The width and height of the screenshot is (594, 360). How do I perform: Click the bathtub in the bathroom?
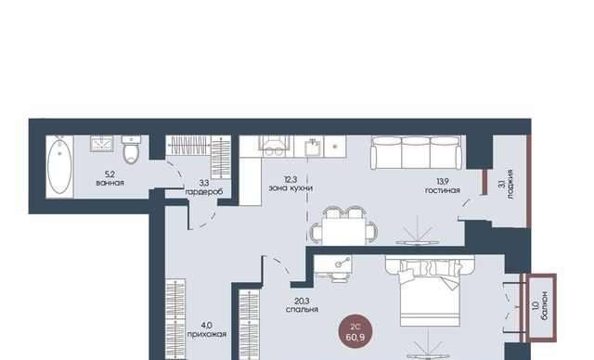59,167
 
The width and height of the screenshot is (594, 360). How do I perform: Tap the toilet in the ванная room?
131,150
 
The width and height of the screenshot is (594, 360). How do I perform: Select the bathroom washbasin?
101,144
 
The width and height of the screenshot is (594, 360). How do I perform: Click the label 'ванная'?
110,183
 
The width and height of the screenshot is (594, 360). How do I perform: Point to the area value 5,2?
110,174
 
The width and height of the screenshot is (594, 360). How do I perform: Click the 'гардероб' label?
204,192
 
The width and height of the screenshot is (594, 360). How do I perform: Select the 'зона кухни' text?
291,188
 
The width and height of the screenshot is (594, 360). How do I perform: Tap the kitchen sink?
312,148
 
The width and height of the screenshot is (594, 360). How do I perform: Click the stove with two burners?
275,146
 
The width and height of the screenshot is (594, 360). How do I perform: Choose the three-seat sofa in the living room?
417,152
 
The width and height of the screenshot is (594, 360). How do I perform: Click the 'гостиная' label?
443,190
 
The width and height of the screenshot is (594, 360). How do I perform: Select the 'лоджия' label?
510,185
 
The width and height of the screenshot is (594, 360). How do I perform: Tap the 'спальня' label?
302,310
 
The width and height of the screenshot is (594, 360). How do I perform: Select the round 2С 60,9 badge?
355,331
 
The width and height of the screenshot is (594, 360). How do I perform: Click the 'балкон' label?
544,306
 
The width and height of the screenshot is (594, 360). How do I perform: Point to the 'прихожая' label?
207,335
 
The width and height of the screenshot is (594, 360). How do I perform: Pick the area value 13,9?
443,183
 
